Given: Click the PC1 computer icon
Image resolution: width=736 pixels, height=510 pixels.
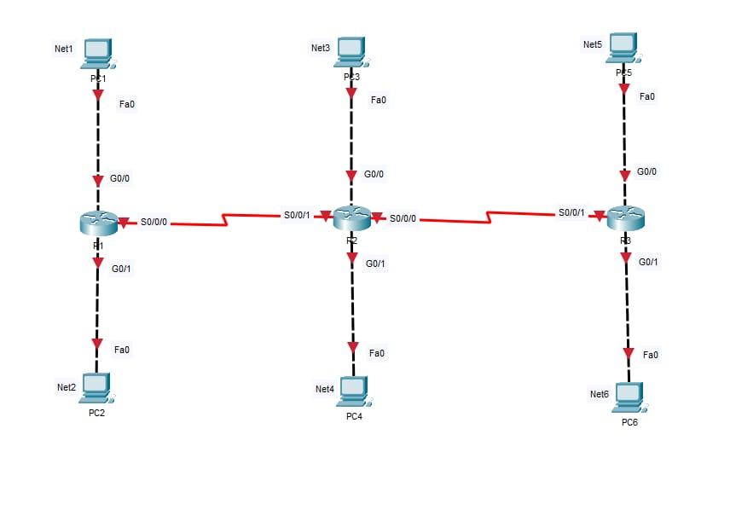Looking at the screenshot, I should point(98,53).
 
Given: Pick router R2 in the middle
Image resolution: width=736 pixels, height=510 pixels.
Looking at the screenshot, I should point(351,218).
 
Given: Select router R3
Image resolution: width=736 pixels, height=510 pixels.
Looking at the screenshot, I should point(626,217).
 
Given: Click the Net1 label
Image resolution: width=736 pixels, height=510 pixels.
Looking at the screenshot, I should point(64,49).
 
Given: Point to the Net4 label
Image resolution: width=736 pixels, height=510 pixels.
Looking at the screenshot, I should point(325,389).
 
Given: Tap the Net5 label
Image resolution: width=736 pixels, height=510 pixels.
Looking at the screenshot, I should point(593,44).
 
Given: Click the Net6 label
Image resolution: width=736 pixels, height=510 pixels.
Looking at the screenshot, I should point(600,394).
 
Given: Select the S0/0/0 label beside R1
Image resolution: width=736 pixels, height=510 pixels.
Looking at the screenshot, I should point(154,223).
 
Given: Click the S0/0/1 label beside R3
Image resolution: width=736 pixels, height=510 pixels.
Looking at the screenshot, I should point(571,212).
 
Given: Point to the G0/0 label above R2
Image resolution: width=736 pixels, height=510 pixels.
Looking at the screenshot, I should point(374,174).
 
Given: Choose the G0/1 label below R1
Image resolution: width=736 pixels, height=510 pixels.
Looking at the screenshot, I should point(121,269).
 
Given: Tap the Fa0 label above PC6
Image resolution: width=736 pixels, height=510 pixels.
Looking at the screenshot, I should point(651,354).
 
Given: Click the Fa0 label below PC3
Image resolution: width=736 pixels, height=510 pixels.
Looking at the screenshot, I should point(378,100).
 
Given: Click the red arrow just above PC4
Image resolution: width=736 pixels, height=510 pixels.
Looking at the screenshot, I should point(353,347).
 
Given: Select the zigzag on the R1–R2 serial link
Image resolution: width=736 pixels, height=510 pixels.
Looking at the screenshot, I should point(225,220).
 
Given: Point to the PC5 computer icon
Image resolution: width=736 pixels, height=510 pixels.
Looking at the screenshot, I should point(623,47).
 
